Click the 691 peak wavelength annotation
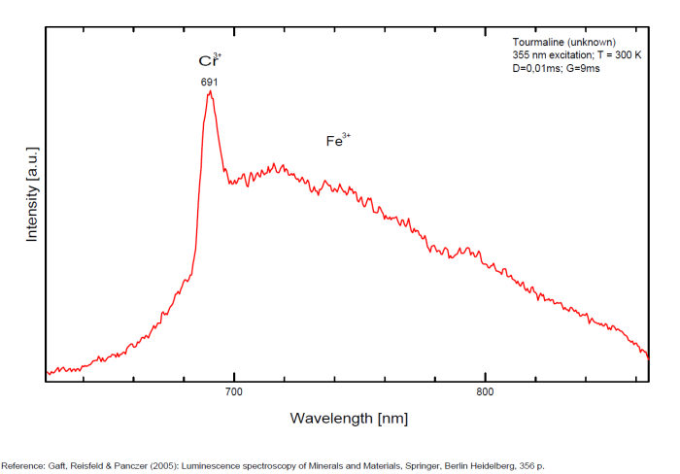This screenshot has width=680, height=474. click(209, 82)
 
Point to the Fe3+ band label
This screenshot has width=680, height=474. click(337, 141)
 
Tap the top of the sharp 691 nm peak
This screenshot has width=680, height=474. click(210, 92)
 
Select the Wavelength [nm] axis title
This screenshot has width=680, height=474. click(349, 419)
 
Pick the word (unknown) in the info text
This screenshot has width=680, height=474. click(584, 43)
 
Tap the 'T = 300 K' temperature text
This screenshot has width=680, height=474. click(621, 55)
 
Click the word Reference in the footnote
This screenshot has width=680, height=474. click(22, 464)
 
